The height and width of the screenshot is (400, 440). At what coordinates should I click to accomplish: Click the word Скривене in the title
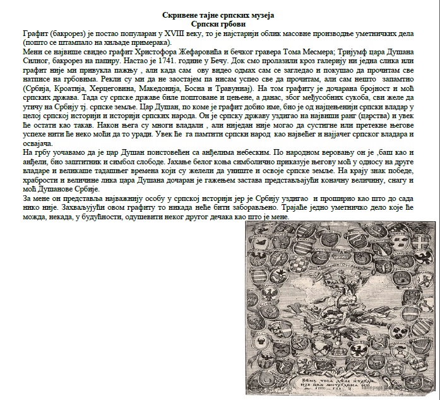tap(178, 14)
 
